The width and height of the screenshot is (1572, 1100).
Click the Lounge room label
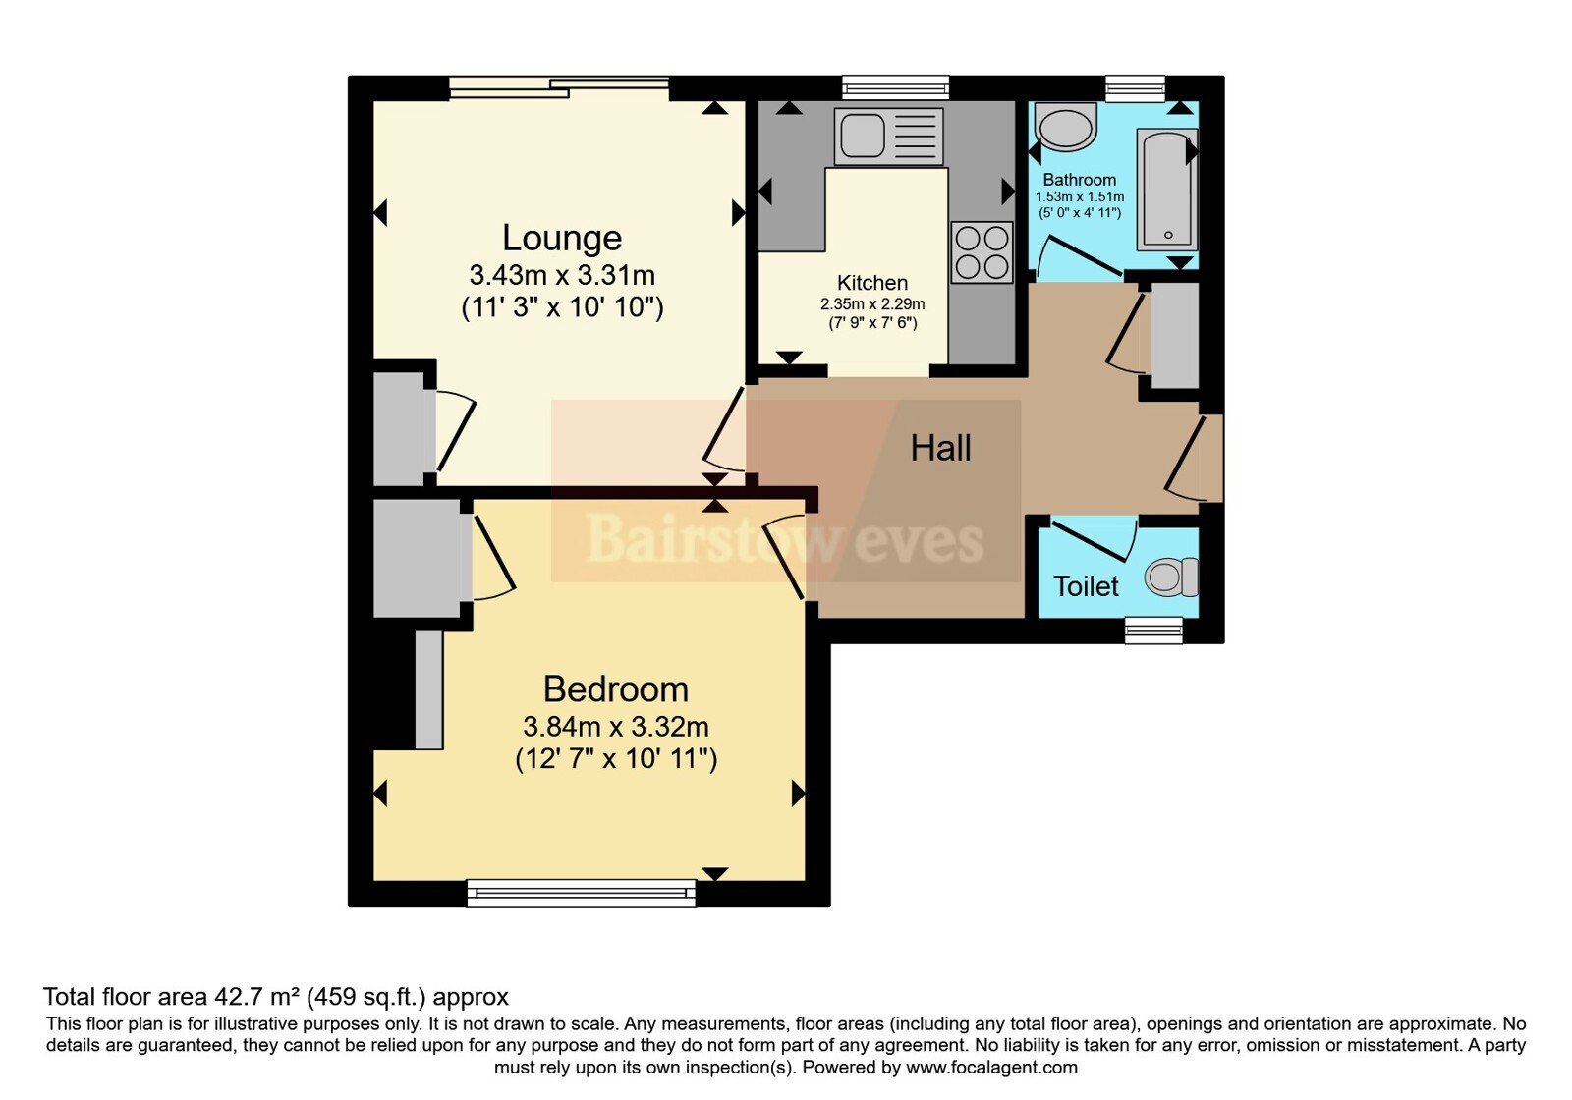tap(561, 238)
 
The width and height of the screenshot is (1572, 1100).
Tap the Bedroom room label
tap(615, 688)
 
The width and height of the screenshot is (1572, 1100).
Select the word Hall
tap(940, 448)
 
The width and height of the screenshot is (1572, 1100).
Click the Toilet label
tap(1086, 586)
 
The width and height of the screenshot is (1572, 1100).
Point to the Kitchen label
tap(872, 283)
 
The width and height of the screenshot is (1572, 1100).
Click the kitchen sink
tap(888, 136)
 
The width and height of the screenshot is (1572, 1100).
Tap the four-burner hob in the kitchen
tap(982, 252)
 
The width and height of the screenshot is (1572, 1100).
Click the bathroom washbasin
tap(1065, 127)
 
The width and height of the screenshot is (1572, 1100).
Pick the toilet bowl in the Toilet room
tap(1171, 577)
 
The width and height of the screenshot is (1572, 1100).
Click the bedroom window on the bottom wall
tap(581, 893)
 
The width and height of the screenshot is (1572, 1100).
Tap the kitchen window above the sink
tap(895, 87)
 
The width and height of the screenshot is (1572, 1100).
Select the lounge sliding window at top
tap(559, 87)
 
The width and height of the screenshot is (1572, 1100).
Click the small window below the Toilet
tap(1153, 630)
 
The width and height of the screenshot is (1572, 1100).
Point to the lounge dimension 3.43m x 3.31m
tap(562, 275)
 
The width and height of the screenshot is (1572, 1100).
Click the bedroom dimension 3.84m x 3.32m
tap(615, 727)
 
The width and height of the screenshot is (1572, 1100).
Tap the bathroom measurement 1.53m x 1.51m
tap(1080, 197)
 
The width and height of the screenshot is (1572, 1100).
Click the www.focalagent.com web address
tap(991, 1068)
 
